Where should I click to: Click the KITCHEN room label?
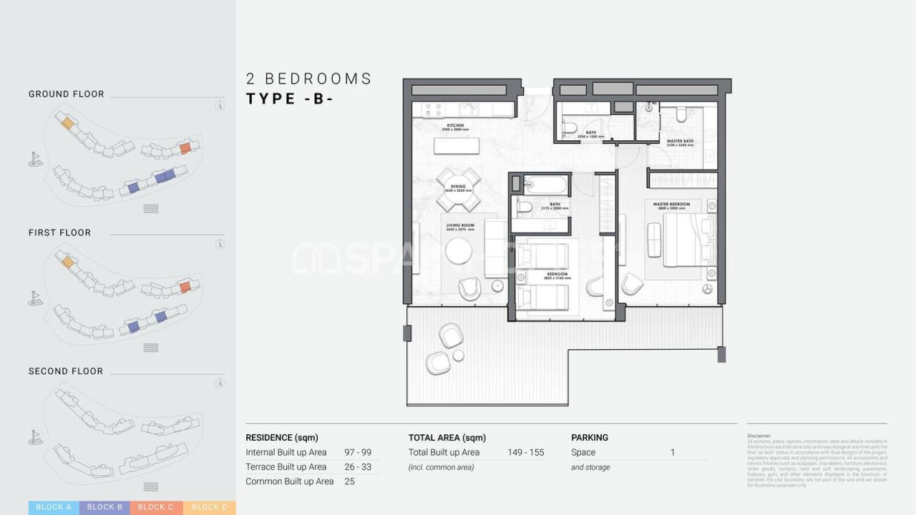pos(456,126)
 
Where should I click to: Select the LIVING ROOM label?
pos(460,225)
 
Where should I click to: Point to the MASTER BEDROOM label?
pos(671,205)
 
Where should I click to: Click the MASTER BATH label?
pos(680,142)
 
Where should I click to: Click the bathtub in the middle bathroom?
pos(545,185)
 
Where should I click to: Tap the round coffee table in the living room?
pos(459,250)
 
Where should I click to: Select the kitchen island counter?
pos(457,144)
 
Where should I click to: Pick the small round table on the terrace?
pos(458,355)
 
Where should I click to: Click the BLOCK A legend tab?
pos(54,507)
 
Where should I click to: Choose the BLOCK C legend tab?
pos(155,507)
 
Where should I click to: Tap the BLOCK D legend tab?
pos(209,507)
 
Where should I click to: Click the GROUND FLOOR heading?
pos(67,94)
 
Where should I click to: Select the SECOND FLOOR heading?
pos(66,371)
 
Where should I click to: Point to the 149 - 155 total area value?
pos(525,452)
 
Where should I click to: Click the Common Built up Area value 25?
pos(350,481)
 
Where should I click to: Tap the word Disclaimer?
pos(759,436)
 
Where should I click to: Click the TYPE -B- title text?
pos(290,99)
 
